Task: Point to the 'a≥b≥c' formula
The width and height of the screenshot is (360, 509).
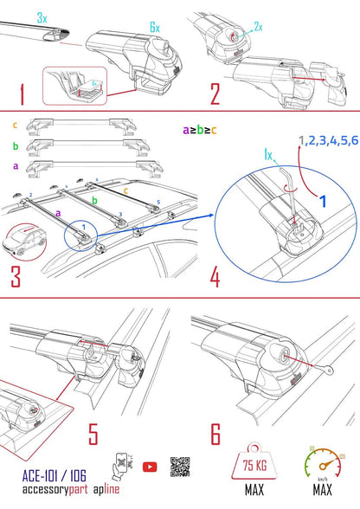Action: coord(200,129)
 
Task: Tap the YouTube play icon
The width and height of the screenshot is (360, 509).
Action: coord(150,467)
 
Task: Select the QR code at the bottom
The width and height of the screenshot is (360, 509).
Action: coord(180,466)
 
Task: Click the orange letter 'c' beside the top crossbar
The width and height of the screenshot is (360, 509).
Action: coord(13,126)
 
